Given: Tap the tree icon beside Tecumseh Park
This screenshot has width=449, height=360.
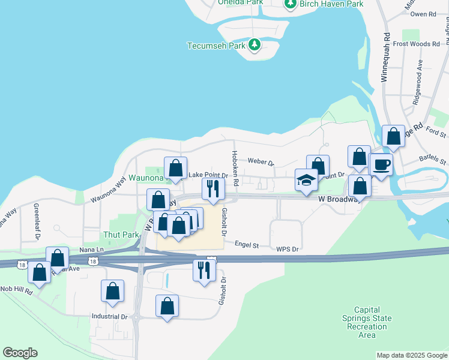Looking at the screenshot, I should tap(255, 45).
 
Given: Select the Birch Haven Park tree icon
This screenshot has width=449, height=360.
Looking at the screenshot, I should tap(291, 4).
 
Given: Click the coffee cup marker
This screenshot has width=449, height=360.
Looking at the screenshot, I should tap(381, 164).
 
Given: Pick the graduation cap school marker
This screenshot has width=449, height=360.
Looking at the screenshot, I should tap(306, 180).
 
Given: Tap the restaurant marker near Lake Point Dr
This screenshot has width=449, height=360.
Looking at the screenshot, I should tap(212, 189).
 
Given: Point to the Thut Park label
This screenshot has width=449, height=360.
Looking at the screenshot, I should tap(117, 235).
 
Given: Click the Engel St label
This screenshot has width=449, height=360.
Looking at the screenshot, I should tap(247, 245).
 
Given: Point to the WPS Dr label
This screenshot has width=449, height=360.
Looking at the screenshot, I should tap(288, 248).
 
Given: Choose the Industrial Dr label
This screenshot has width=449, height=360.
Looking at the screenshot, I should tap(110, 316).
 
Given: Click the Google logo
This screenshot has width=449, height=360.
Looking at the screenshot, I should tap(20, 353).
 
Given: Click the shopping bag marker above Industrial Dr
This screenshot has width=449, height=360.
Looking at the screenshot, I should tap(112, 291).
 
